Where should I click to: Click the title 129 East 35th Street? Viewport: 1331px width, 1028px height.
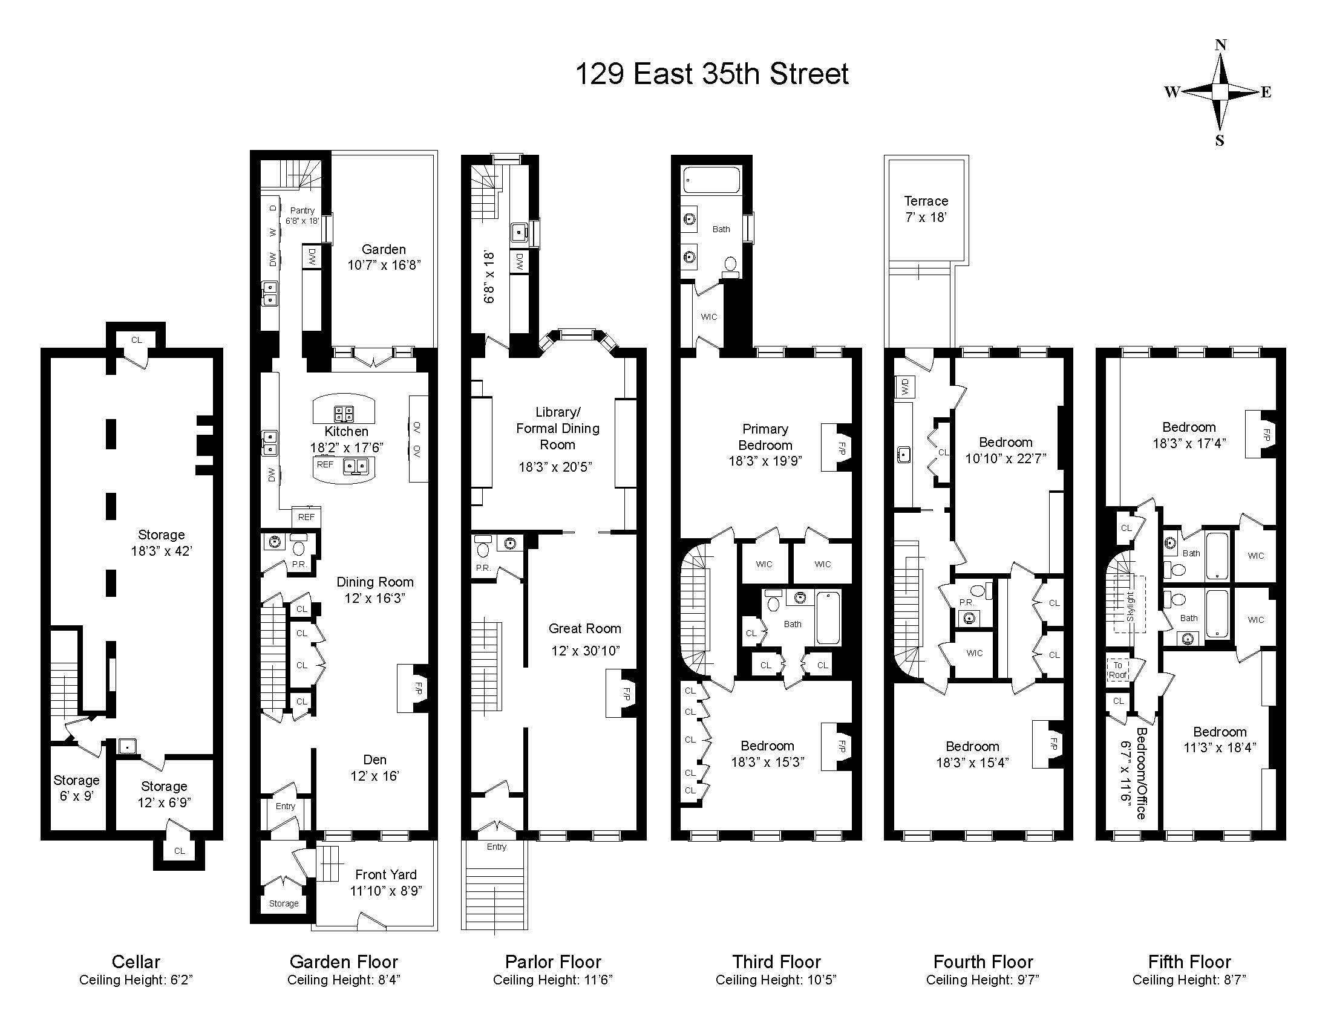[711, 74]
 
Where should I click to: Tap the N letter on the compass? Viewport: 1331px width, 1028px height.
[1220, 45]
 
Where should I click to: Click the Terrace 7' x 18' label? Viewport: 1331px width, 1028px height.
[926, 209]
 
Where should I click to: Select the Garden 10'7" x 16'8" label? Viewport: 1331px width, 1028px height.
[384, 257]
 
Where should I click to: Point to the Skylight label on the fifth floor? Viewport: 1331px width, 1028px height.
[1130, 606]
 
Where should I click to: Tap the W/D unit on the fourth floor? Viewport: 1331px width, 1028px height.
[904, 386]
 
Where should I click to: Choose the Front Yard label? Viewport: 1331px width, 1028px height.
[385, 882]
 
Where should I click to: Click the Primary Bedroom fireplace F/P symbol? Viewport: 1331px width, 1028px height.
[841, 447]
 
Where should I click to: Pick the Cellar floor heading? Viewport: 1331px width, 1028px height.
[136, 961]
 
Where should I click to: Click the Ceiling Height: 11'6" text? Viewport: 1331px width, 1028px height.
[552, 980]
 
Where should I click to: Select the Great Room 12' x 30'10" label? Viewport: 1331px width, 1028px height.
[584, 639]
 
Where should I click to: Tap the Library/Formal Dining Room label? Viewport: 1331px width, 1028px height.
[557, 428]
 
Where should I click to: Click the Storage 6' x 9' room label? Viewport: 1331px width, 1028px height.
[76, 788]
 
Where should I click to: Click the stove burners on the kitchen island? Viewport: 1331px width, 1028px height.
[343, 414]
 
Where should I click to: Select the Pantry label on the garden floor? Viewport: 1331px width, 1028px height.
[302, 215]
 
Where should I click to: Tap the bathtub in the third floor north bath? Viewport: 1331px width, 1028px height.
[711, 180]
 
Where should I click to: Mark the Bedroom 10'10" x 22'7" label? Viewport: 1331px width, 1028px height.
[1005, 450]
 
